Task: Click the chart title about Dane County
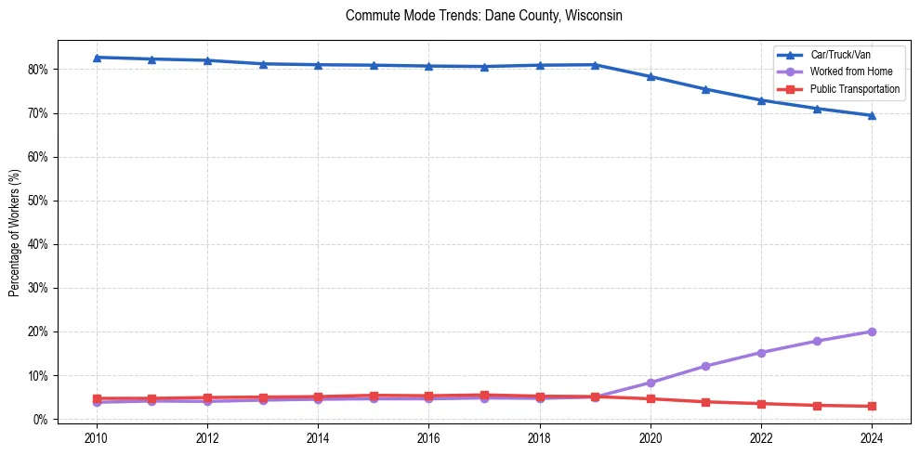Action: coord(483,16)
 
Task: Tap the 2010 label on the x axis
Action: coord(96,437)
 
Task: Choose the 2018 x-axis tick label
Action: coord(539,437)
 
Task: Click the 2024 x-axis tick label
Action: coord(872,437)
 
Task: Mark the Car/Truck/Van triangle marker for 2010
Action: coord(96,58)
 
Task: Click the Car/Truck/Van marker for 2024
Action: coord(872,115)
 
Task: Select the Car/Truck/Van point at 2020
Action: coord(651,76)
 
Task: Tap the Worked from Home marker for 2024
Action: coord(872,331)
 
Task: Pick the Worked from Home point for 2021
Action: coord(705,366)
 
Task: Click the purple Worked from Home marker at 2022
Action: coord(761,353)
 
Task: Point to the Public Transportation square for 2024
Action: coord(872,406)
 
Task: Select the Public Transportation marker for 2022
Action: coord(761,404)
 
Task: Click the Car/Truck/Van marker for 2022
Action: coord(761,100)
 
